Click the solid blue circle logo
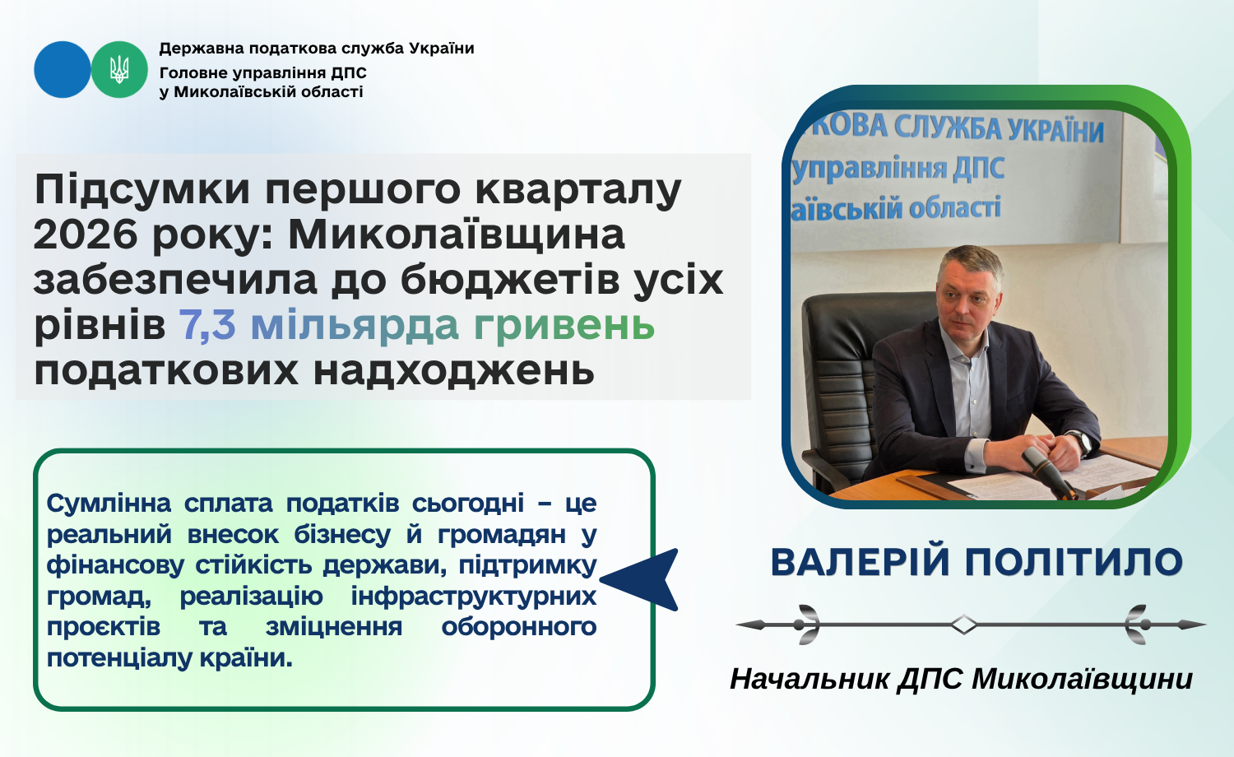coord(63,69)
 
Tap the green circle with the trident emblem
coord(119,69)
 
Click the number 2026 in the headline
coord(86,235)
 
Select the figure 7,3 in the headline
coord(207,325)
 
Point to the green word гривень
coord(564,326)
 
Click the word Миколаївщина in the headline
coord(457,234)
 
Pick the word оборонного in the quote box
coord(518,627)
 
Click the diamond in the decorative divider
coord(964,625)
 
